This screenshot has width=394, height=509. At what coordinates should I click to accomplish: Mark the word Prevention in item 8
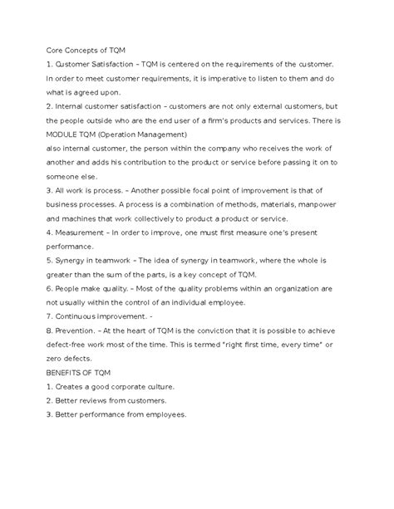click(82, 331)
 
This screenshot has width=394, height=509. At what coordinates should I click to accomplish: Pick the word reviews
click(101, 402)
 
